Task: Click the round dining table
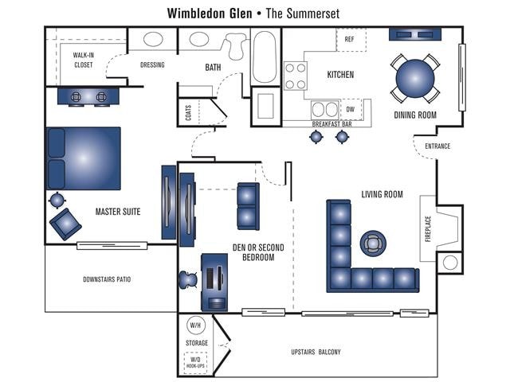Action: pos(415,77)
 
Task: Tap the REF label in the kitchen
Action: pos(349,39)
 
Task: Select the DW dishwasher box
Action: pos(350,109)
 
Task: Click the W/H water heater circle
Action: pos(196,325)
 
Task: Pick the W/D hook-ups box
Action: pos(196,362)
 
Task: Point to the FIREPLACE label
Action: pos(428,229)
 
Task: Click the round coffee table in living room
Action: pos(372,242)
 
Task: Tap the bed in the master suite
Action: pos(84,158)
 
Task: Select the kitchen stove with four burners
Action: pos(296,76)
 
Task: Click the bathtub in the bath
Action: pos(265,57)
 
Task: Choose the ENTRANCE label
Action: pos(437,146)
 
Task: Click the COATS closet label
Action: pos(189,113)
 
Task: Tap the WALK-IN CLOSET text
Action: pos(84,60)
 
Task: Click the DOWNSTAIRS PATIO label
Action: pos(107,279)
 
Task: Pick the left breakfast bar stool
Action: pos(316,137)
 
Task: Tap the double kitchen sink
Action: pos(325,109)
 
